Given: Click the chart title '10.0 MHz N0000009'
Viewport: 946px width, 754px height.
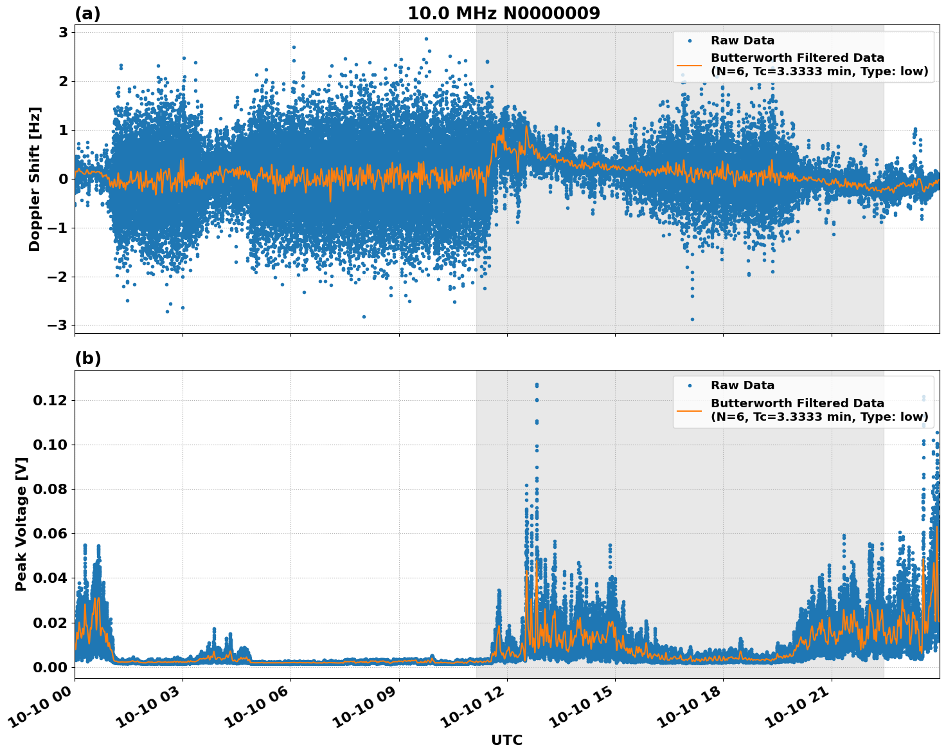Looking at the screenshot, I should pos(503,14).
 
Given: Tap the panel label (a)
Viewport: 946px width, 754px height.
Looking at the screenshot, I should pos(87,14).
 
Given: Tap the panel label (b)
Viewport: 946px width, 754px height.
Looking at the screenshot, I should pos(87,358).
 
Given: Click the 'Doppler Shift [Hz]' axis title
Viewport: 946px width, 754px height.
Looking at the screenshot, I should pos(35,179).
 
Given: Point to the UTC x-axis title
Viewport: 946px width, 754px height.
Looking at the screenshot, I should pos(506,740).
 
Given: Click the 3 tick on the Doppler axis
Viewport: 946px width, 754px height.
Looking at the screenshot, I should pos(64,32).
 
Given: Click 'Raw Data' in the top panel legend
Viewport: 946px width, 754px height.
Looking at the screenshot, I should pos(742,41).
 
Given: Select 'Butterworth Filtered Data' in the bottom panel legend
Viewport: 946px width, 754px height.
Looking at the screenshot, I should pos(797,403).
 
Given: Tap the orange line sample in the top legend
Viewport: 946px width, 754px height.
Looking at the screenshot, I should pos(690,65).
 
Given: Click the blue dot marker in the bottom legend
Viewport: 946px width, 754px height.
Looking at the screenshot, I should pos(690,385).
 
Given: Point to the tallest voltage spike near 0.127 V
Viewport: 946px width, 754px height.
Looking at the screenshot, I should pos(537,385).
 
